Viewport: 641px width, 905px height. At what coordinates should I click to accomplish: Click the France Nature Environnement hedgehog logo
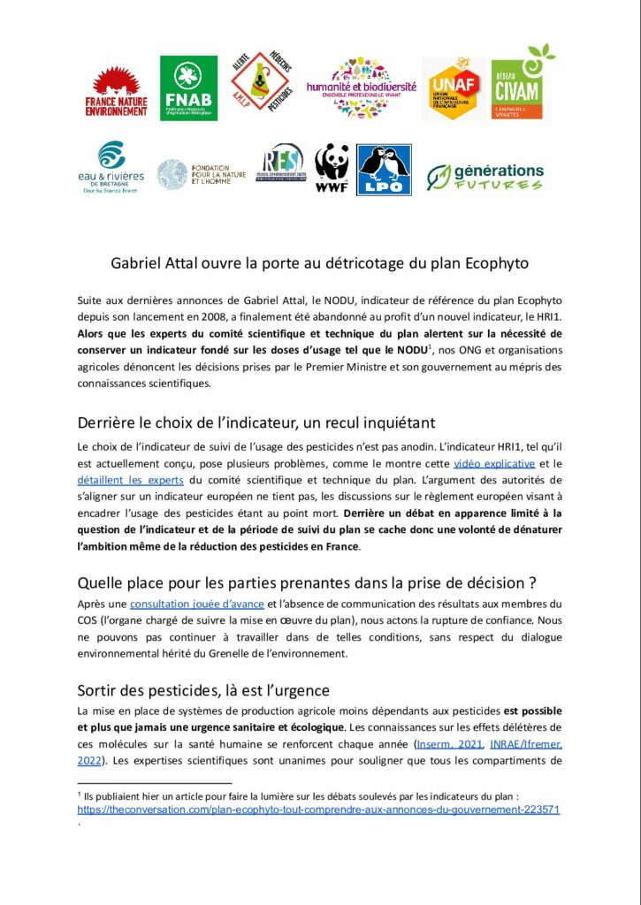pyautogui.click(x=116, y=90)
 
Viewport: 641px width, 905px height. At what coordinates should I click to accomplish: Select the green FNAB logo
pyautogui.click(x=188, y=88)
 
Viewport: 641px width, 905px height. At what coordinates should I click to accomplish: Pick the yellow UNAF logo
pyautogui.click(x=454, y=88)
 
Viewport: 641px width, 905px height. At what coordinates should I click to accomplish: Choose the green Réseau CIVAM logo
pyautogui.click(x=529, y=83)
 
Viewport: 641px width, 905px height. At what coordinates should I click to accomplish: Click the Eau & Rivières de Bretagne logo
pyautogui.click(x=110, y=168)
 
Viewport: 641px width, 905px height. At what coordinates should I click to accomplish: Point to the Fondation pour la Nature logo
pyautogui.click(x=193, y=173)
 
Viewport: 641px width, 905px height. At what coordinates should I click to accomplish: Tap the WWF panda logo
pyautogui.click(x=332, y=168)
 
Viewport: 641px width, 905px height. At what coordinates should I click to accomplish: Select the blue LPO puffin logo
pyautogui.click(x=384, y=170)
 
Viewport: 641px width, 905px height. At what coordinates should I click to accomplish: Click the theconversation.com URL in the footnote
pyautogui.click(x=318, y=809)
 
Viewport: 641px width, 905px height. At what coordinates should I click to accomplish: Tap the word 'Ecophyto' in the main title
pyautogui.click(x=501, y=262)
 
